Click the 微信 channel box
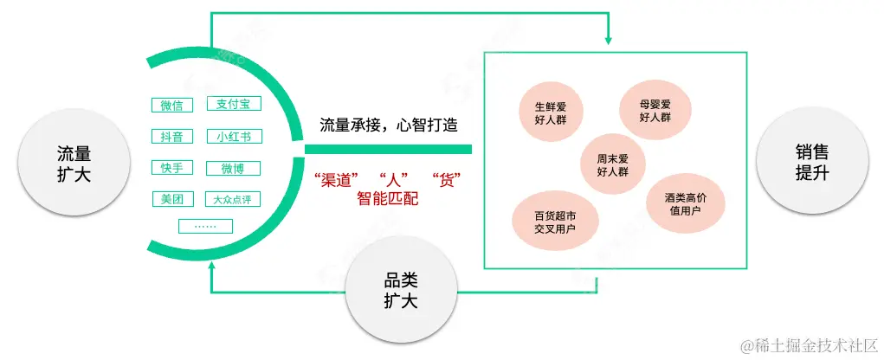click(171, 106)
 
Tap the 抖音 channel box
click(171, 137)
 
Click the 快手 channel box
click(171, 168)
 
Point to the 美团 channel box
click(171, 199)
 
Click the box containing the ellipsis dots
click(205, 227)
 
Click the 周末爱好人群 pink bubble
click(612, 164)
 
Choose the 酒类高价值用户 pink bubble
click(687, 204)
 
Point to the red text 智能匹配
click(387, 199)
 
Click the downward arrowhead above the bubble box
click(610, 40)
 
